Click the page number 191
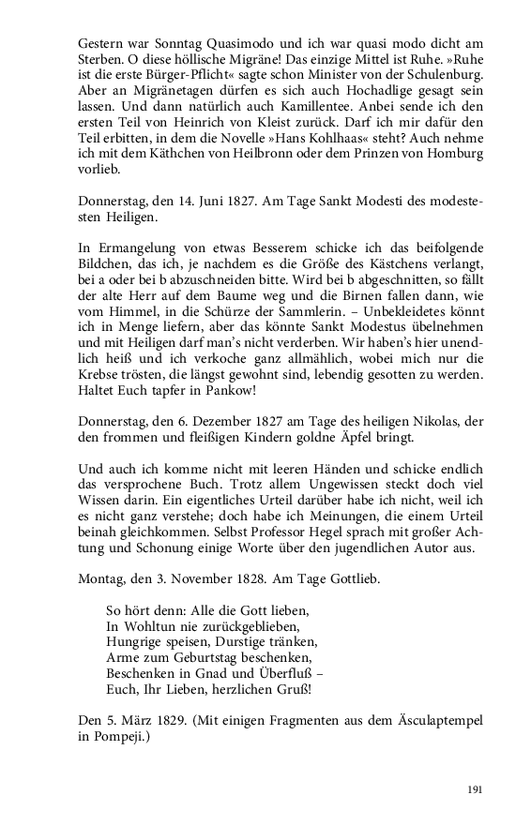(x=475, y=789)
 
